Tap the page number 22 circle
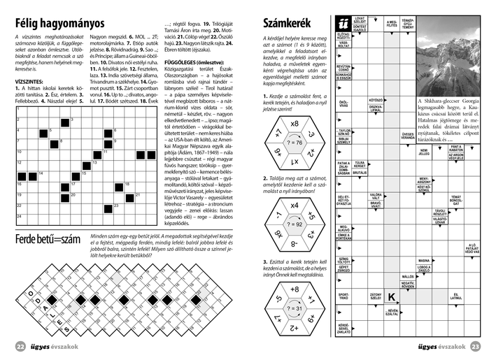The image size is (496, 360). (20, 346)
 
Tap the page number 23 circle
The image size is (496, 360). (475, 346)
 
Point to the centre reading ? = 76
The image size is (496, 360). (294, 142)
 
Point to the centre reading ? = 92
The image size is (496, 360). (294, 224)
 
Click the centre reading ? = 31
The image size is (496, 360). (294, 308)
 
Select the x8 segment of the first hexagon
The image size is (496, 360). (294, 124)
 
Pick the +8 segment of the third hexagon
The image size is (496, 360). (294, 289)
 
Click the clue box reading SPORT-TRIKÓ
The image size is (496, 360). (343, 296)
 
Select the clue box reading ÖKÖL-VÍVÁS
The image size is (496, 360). (343, 105)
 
